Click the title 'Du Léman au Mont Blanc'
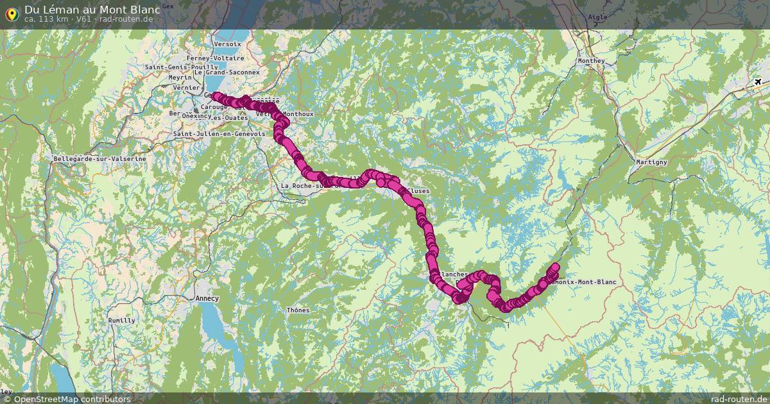pyautogui.click(x=92, y=10)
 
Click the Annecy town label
pyautogui.click(x=207, y=298)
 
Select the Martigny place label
pyautogui.click(x=651, y=162)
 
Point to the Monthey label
pyautogui.click(x=591, y=61)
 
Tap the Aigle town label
pyautogui.click(x=597, y=18)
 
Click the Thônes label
pyautogui.click(x=298, y=310)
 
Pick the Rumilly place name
pyautogui.click(x=121, y=321)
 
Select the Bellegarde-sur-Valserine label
pyautogui.click(x=99, y=158)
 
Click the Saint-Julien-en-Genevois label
pyautogui.click(x=219, y=134)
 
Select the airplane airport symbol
pyautogui.click(x=758, y=82)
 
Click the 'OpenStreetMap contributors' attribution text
pyautogui.click(x=71, y=399)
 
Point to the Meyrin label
pyautogui.click(x=180, y=78)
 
